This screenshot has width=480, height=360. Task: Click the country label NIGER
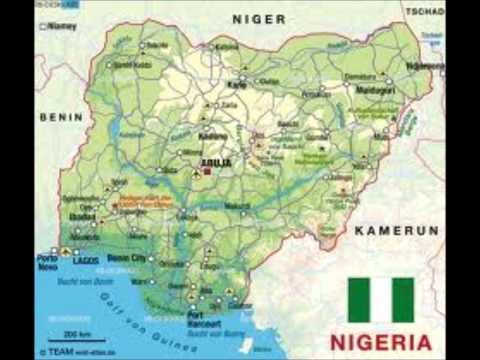[259, 19]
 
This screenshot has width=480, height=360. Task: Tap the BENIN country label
[60, 117]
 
